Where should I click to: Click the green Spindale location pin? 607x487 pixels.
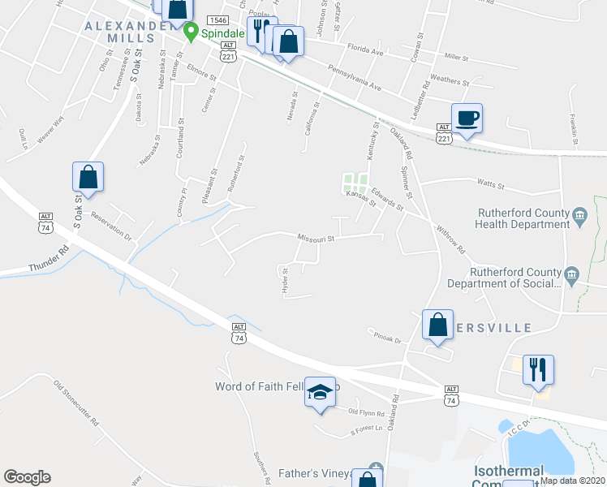(192, 32)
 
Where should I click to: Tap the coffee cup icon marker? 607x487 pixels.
(467, 119)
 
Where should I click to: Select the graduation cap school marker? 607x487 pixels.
(320, 393)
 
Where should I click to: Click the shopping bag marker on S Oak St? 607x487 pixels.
(88, 177)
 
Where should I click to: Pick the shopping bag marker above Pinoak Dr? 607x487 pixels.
(437, 325)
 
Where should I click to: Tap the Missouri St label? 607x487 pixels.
(316, 238)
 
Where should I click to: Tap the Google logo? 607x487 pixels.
(27, 477)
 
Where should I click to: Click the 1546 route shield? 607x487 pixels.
(217, 19)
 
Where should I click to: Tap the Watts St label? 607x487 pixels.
(491, 186)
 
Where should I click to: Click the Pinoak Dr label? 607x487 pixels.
(387, 335)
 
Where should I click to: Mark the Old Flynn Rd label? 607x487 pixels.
(365, 413)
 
